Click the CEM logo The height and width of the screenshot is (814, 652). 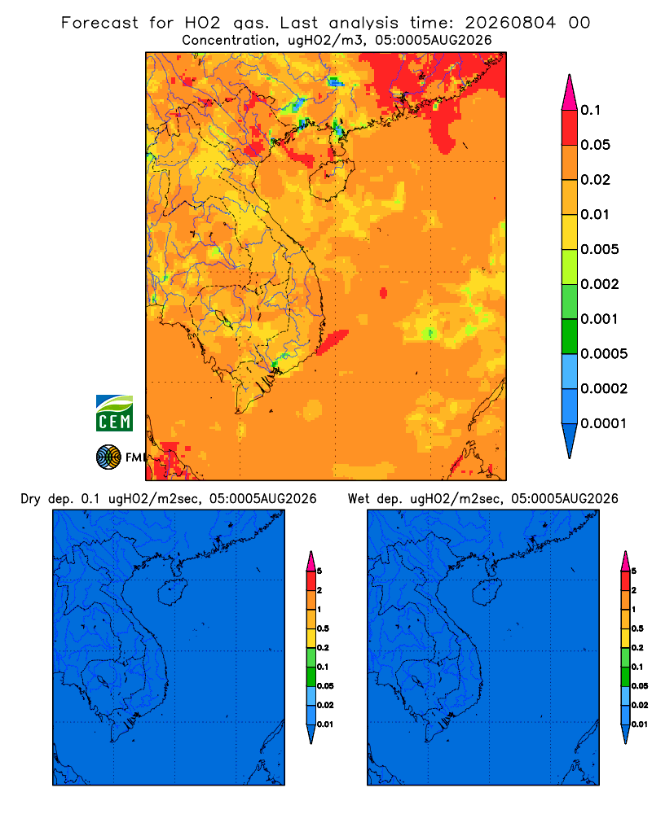(x=114, y=413)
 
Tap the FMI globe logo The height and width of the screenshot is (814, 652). (x=108, y=457)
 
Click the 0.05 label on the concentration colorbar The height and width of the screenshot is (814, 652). (x=595, y=145)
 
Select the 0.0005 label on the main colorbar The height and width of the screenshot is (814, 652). (x=604, y=353)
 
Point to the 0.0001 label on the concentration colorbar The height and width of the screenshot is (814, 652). (x=604, y=423)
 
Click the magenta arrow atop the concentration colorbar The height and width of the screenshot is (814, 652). (x=570, y=92)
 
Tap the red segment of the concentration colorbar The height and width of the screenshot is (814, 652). (x=570, y=128)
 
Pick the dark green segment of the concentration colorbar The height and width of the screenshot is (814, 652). (x=570, y=336)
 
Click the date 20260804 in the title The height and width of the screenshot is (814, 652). (x=510, y=23)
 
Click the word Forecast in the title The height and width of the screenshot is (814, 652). (x=99, y=23)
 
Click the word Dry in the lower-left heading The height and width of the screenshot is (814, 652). (x=31, y=499)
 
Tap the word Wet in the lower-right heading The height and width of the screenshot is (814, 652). (x=359, y=499)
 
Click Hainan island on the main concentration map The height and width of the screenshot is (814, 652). (x=332, y=179)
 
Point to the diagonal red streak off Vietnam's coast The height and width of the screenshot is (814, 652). (x=333, y=342)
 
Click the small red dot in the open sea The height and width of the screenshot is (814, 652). (x=383, y=293)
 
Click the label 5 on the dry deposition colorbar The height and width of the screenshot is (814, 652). (x=319, y=571)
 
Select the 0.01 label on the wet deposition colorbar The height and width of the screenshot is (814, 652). (x=640, y=724)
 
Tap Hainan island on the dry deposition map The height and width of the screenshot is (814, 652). (x=172, y=593)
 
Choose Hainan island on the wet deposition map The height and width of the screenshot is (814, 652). (x=487, y=593)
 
